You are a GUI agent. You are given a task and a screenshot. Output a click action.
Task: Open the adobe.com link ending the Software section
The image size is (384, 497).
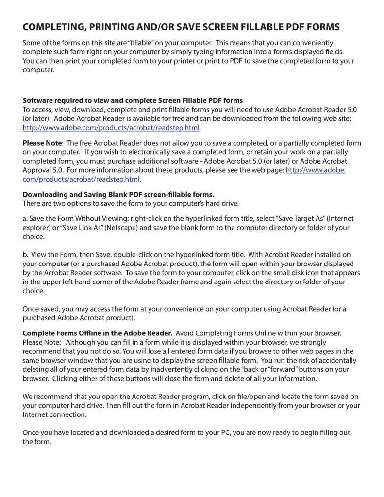[112, 128]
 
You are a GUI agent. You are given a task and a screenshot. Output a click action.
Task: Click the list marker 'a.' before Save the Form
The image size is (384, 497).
[26, 218]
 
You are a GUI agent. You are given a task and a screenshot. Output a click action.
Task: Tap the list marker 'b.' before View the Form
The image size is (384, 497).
[26, 254]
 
